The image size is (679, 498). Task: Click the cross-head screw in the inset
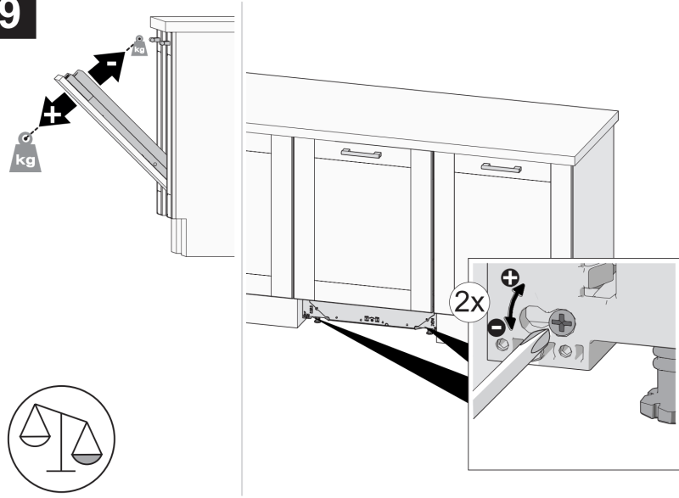pos(562,322)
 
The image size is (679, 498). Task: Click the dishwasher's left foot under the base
pos(316,321)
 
